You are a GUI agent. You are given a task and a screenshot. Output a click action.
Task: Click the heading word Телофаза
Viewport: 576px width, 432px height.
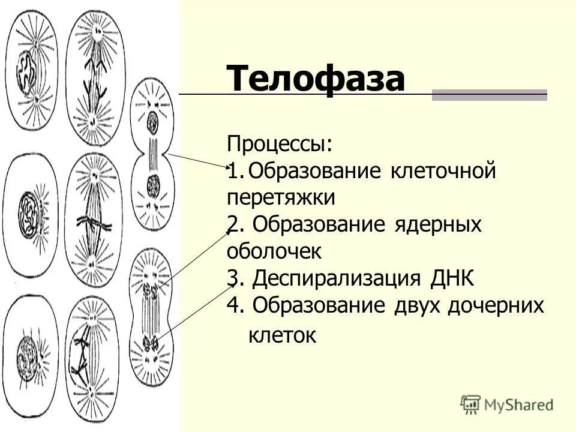316,79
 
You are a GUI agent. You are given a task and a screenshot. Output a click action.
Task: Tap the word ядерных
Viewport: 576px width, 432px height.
439,224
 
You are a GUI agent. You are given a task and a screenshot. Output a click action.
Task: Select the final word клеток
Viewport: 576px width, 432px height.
282,335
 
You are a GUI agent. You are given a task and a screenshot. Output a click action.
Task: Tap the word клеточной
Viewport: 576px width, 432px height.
443,172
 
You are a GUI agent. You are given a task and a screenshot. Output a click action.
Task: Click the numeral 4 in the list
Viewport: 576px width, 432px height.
235,305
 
